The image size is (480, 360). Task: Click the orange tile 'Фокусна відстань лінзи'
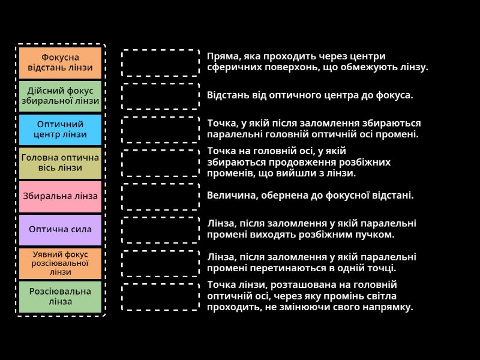(x=60, y=62)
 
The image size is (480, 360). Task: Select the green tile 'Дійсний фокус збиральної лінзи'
(x=60, y=96)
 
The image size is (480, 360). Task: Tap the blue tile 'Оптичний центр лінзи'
(x=60, y=129)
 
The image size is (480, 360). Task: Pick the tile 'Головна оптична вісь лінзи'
(x=60, y=163)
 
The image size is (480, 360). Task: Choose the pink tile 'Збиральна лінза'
(x=60, y=196)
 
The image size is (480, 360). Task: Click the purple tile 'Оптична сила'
(x=60, y=229)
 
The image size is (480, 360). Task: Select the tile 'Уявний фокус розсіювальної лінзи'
(x=60, y=263)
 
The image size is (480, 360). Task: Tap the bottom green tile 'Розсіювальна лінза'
(x=60, y=296)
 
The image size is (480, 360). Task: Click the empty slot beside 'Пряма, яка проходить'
(x=160, y=62)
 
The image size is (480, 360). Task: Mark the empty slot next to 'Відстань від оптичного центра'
(x=160, y=96)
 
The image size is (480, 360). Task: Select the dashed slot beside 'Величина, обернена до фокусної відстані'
(x=160, y=196)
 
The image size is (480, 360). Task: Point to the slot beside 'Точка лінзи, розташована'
(x=160, y=296)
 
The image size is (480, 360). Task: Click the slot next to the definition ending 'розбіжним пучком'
(x=160, y=229)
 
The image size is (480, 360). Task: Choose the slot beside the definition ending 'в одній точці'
(x=160, y=263)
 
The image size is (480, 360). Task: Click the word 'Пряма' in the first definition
(x=221, y=56)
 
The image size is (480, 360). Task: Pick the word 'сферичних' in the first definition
(x=232, y=67)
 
